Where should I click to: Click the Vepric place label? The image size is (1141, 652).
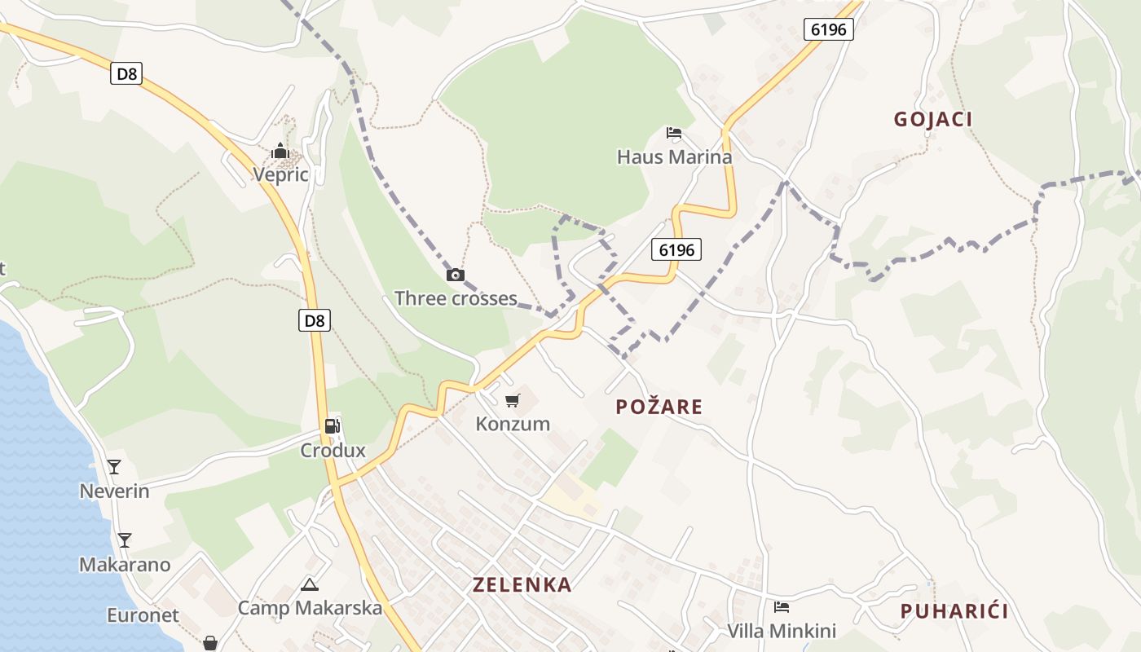pos(280,174)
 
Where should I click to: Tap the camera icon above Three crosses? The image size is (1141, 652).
pos(456,275)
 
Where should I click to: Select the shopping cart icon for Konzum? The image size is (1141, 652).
pos(513,400)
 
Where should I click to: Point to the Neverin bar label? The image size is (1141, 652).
pos(114,491)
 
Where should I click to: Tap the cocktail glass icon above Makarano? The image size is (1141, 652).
pos(124,540)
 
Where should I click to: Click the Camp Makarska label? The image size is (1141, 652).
pos(310,608)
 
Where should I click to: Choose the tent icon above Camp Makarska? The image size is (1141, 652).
pos(309,584)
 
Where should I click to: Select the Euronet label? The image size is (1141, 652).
pos(143,615)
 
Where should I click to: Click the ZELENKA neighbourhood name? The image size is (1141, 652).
pos(522,584)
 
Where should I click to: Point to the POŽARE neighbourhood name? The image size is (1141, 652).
pos(659,407)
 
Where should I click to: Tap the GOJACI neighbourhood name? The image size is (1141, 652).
pos(933,119)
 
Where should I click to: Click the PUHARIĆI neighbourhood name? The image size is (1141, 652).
pos(954,611)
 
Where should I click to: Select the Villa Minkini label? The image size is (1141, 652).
pos(781,631)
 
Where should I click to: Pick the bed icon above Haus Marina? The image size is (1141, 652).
pos(674,133)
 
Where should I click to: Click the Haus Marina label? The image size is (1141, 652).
pos(674,156)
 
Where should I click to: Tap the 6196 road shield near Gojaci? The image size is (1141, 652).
pos(829,29)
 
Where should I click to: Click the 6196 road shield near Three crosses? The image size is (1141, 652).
pos(676,249)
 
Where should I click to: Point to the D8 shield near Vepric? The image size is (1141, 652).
pos(126,73)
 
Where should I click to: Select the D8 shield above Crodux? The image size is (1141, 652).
pos(315,320)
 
